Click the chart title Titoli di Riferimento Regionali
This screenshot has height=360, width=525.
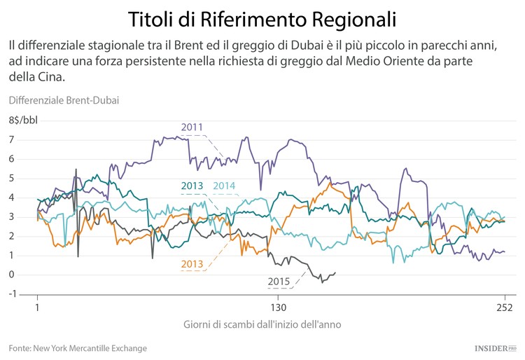click(262, 18)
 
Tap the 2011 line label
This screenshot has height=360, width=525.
click(192, 127)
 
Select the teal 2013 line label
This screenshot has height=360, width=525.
click(190, 186)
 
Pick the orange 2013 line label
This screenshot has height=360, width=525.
click(192, 264)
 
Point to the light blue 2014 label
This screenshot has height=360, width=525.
click(223, 186)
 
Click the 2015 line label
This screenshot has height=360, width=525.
click(279, 282)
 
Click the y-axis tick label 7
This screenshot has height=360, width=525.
click(11, 140)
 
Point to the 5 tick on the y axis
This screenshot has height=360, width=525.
click(11, 179)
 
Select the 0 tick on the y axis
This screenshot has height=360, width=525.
click(11, 275)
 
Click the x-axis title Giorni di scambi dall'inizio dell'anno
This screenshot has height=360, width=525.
click(262, 325)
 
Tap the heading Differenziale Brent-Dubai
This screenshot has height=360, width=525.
click(64, 100)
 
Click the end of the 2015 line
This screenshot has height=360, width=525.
click(335, 273)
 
